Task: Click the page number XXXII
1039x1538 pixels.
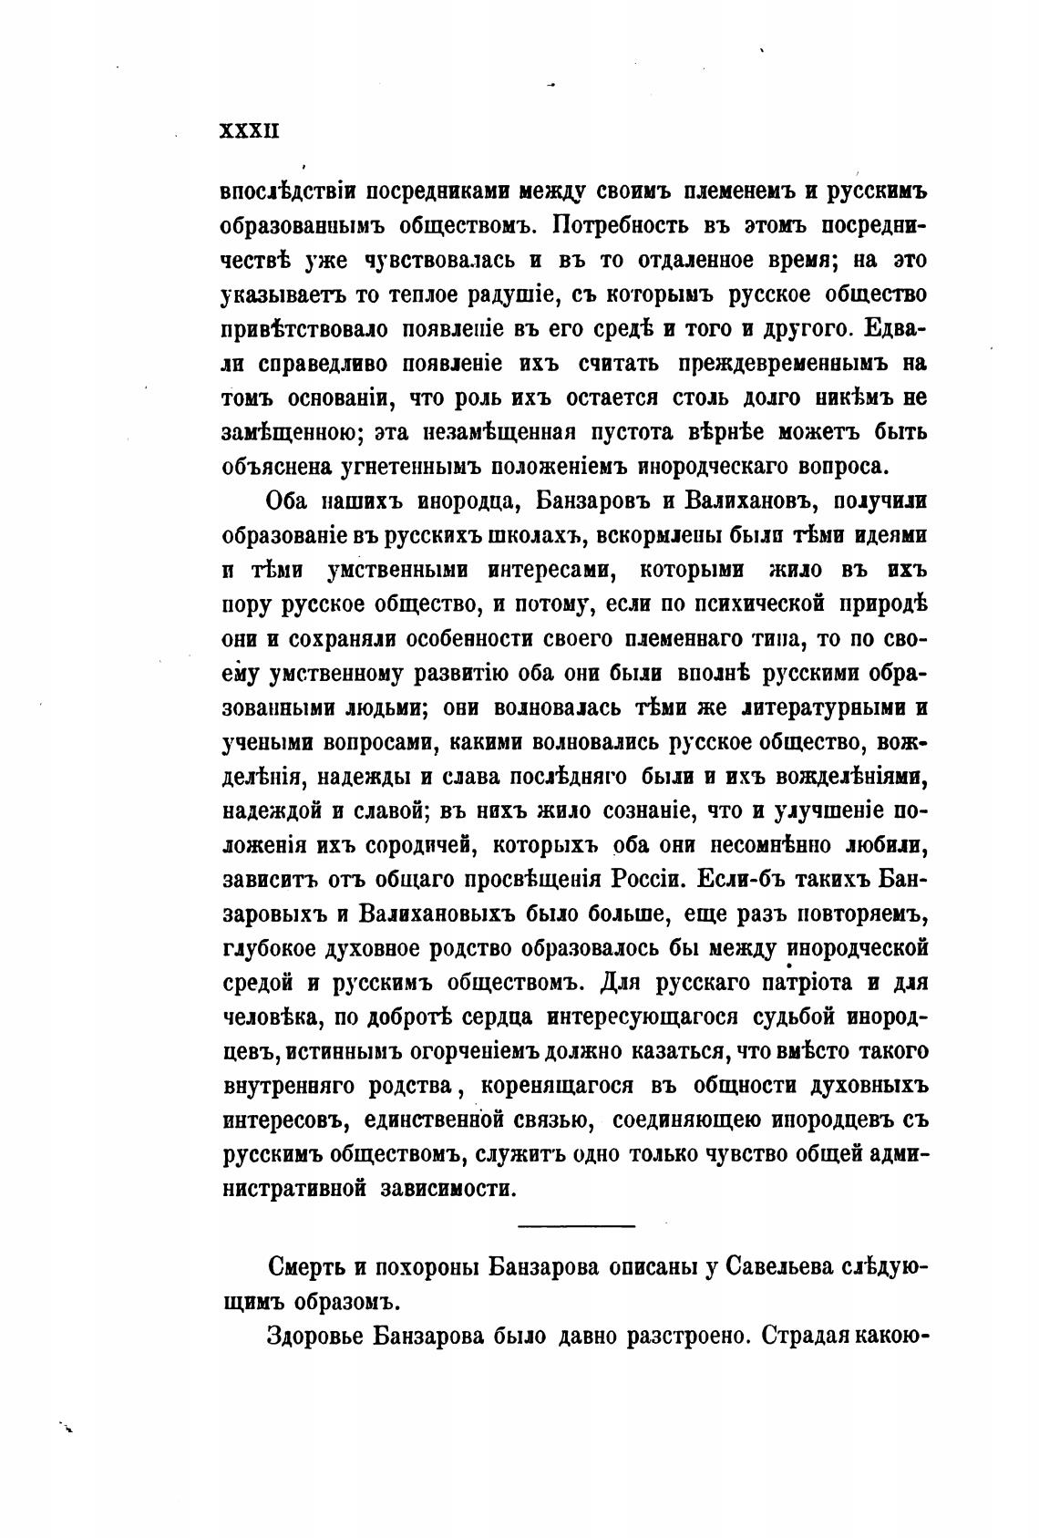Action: [249, 131]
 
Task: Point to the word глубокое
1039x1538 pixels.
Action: [270, 948]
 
